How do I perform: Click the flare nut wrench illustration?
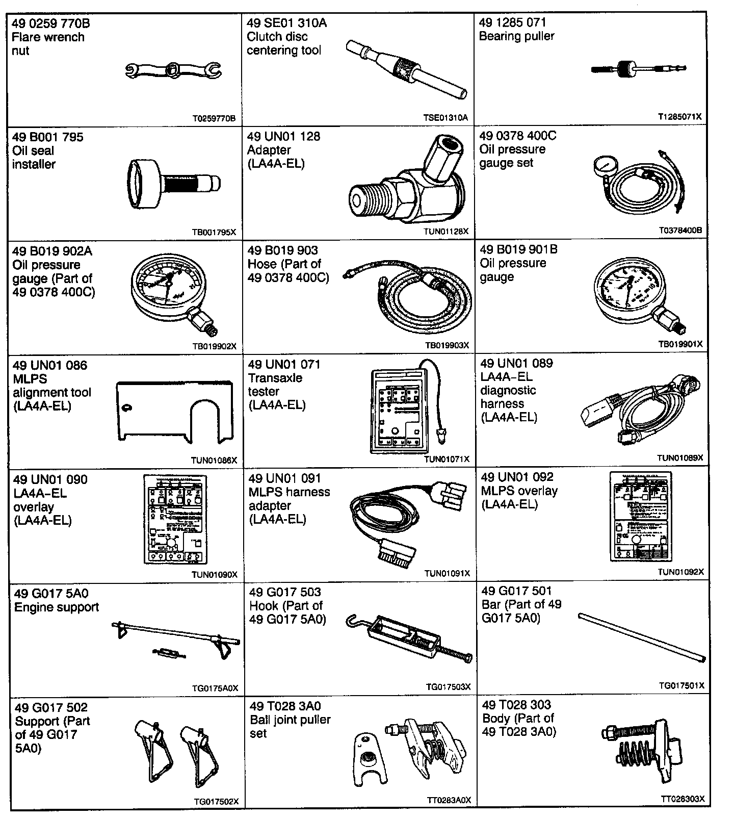(x=173, y=70)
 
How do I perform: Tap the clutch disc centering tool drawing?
(x=406, y=69)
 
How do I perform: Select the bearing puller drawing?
(x=637, y=68)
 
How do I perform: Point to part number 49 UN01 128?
(x=283, y=136)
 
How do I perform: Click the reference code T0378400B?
(x=680, y=231)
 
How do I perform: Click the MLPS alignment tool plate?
(x=173, y=408)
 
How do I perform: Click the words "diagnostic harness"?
(x=508, y=397)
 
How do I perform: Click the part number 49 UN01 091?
(x=284, y=478)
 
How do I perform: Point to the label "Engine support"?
(x=57, y=607)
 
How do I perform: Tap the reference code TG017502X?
(x=216, y=802)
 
